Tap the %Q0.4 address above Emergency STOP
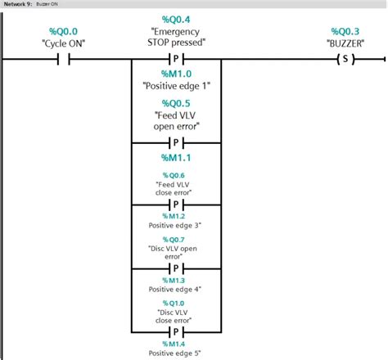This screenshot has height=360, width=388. pos(176,19)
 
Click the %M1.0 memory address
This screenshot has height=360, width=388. pos(176,73)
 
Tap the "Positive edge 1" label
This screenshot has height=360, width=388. pos(176,85)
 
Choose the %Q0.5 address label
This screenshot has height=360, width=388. pos(176,103)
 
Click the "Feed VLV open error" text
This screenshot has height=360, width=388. pos(176,121)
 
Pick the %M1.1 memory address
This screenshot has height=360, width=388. pos(176,155)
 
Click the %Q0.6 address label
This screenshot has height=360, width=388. pos(176,175)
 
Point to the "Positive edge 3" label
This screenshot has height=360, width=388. pos(176,224)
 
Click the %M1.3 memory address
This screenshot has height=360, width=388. pos(176,280)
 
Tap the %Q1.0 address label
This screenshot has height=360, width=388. pos(176,303)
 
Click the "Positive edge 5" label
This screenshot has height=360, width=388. pos(176,353)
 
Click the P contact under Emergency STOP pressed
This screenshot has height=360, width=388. pos(176,59)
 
